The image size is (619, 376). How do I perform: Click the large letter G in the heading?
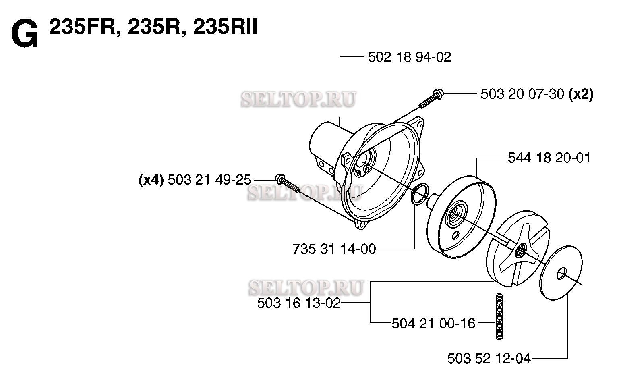[x=25, y=34]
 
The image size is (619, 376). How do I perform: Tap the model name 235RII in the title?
[x=225, y=27]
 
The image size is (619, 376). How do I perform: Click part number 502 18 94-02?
[x=410, y=57]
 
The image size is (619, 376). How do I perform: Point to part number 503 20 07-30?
[x=522, y=94]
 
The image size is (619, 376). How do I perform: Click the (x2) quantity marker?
[x=581, y=94]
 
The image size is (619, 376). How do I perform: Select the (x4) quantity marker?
[x=151, y=180]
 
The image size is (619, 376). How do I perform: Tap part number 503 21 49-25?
[x=209, y=180]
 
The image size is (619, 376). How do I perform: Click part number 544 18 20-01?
[x=549, y=158]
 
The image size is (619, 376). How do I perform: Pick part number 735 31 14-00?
[x=334, y=249]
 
